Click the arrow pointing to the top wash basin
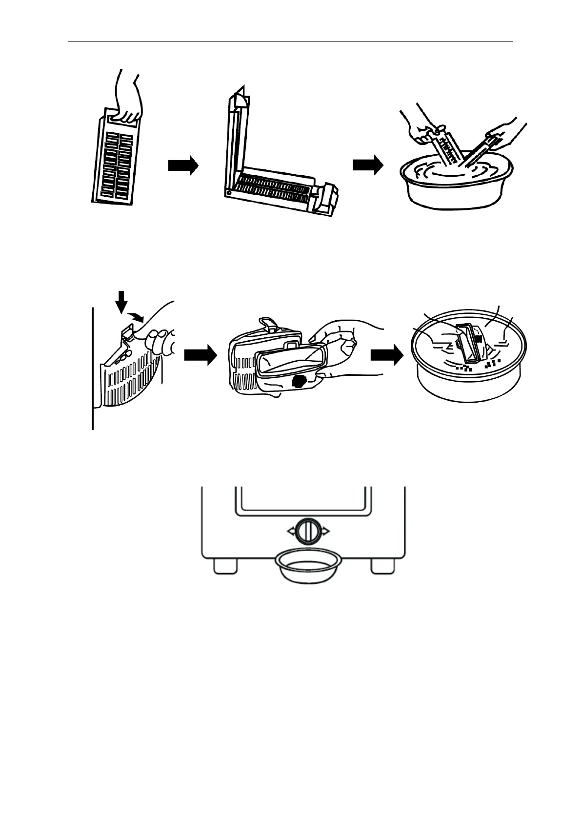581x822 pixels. [x=367, y=165]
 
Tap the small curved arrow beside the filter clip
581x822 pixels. [x=137, y=317]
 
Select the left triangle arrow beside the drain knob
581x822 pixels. [x=290, y=531]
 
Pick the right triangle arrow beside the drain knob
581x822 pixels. [x=325, y=531]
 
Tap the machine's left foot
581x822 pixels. [x=225, y=566]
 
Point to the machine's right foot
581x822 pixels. [x=382, y=566]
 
